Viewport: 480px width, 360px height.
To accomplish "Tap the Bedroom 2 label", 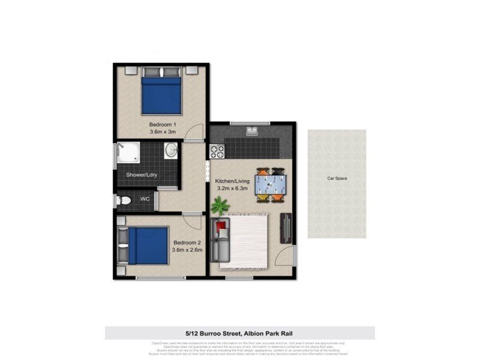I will point(187,242).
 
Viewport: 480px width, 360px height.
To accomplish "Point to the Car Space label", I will point(337,178).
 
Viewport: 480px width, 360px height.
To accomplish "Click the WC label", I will point(145,199).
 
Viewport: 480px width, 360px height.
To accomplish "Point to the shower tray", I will point(128,153).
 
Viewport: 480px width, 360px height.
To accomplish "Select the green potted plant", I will point(221,206).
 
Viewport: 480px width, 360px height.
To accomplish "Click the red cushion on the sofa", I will point(221,227).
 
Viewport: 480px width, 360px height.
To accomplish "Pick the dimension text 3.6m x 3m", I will point(163,133).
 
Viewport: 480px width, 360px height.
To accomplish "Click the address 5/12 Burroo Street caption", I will point(239,332).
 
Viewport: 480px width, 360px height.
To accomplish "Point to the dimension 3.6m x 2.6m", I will point(187,251).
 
